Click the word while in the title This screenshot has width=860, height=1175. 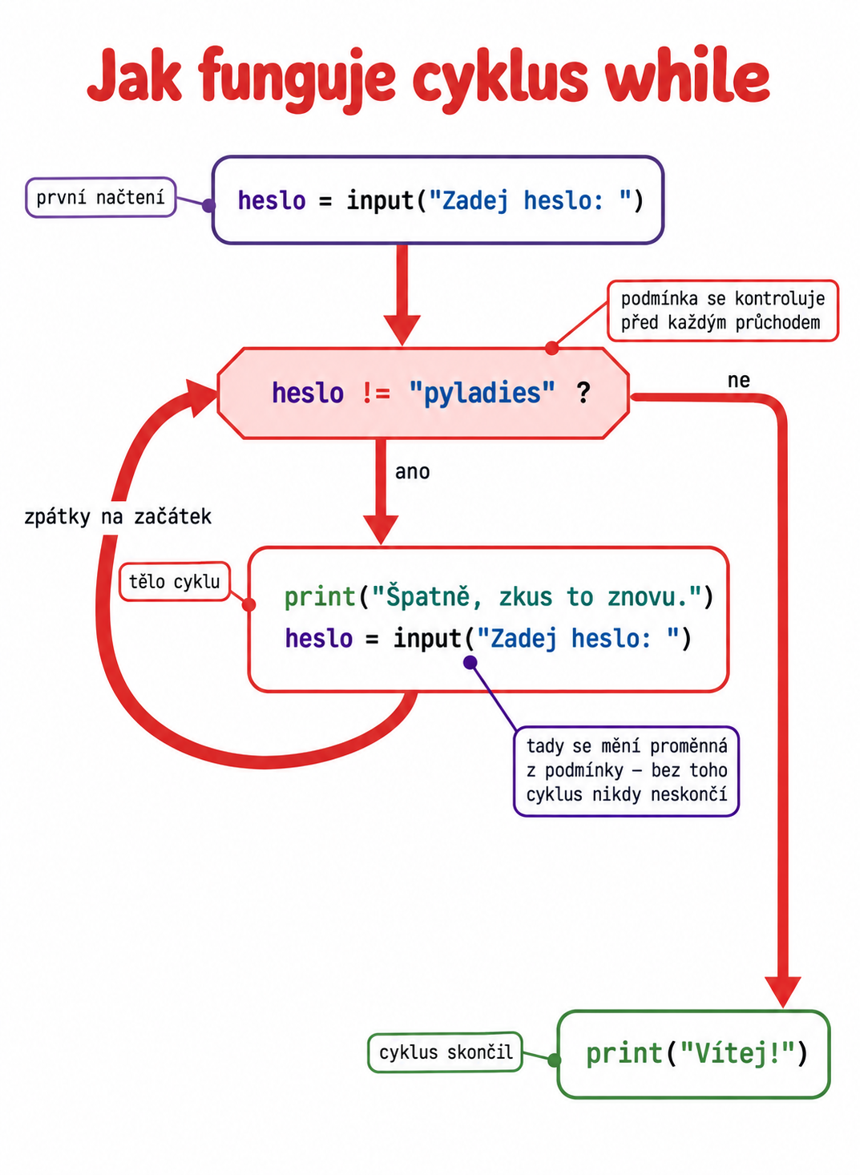(x=687, y=77)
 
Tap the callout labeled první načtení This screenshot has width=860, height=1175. (x=101, y=197)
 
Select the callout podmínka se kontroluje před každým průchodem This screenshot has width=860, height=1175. (x=723, y=310)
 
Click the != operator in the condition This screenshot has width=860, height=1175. (x=376, y=393)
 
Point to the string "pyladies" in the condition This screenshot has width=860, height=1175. (x=482, y=393)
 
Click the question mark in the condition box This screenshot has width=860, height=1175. (x=583, y=393)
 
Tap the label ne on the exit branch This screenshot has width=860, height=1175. (x=738, y=380)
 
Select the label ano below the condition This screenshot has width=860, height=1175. (x=412, y=472)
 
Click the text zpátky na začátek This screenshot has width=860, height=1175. (x=118, y=517)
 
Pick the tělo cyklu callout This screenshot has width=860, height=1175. (x=175, y=582)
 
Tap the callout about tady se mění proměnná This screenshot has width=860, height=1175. (x=626, y=770)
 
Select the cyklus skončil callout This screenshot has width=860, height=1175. (x=445, y=1052)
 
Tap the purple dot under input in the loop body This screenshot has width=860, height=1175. (x=470, y=662)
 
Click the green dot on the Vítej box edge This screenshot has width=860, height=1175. (x=555, y=1060)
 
